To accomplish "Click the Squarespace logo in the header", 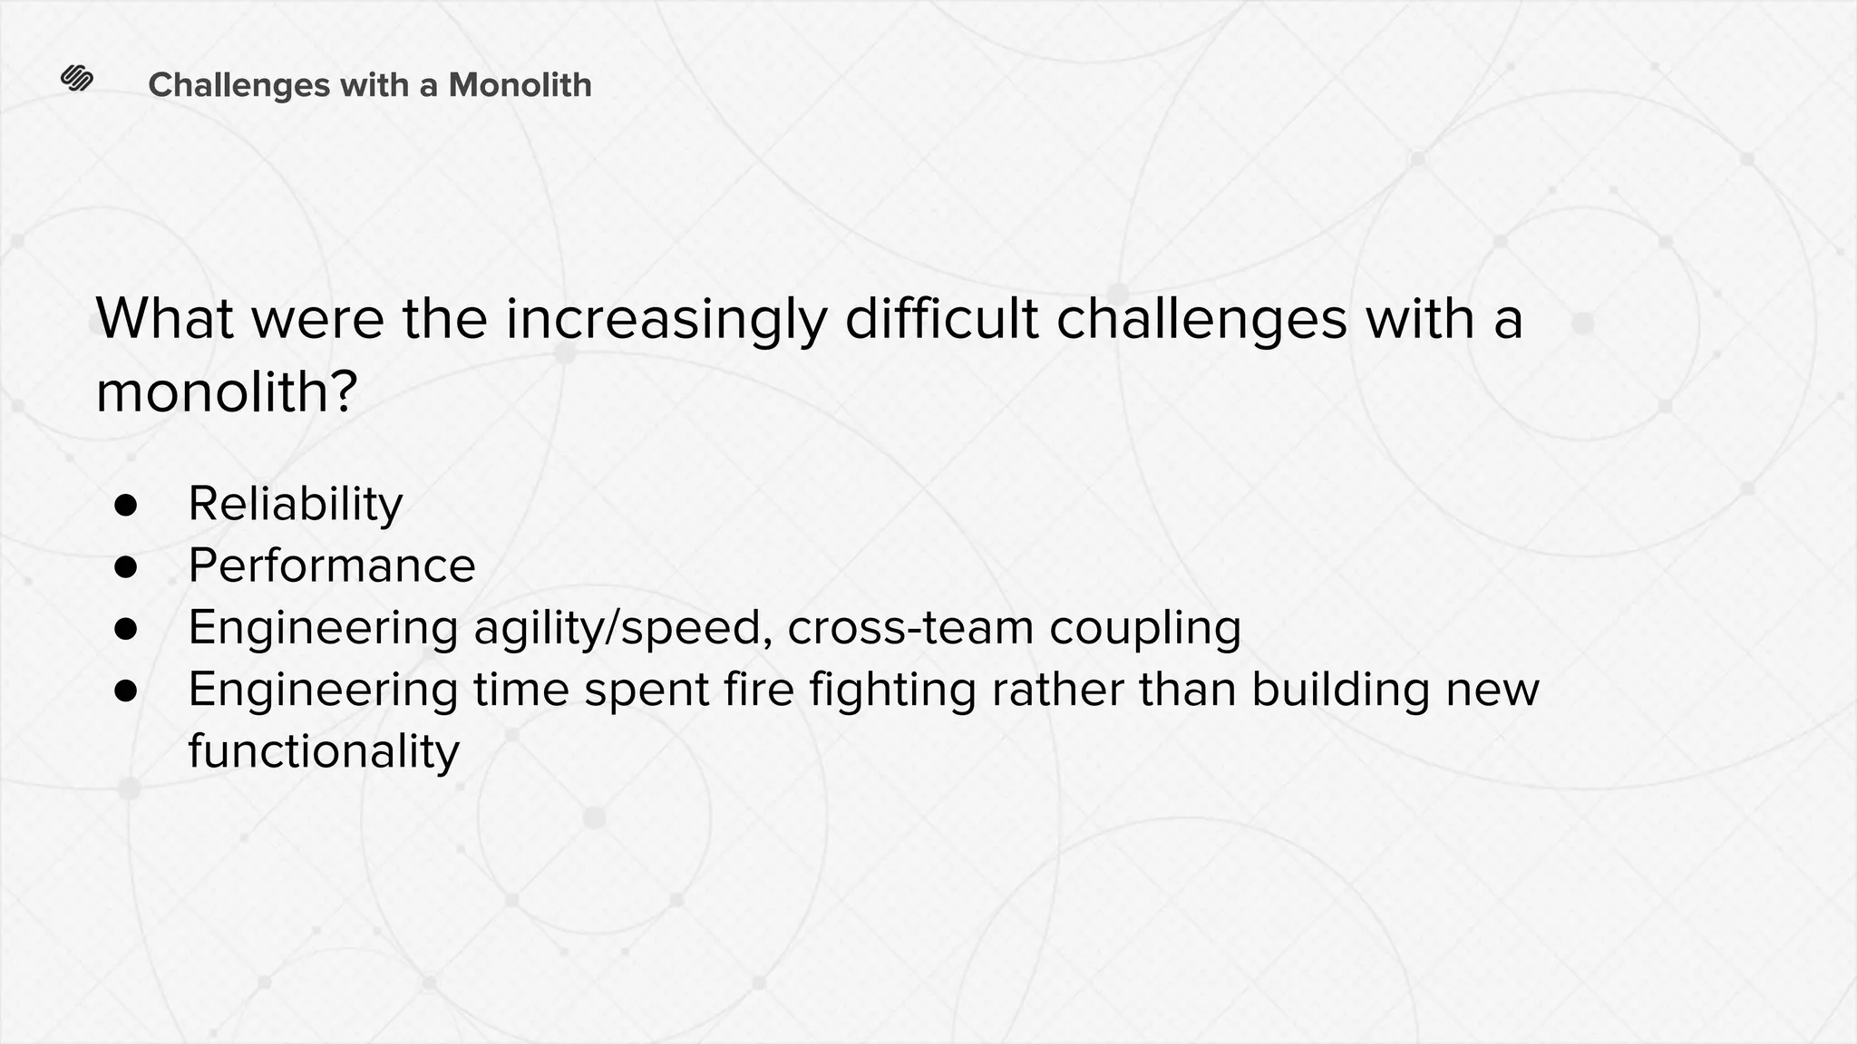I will pos(77,80).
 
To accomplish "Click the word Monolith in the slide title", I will pos(520,85).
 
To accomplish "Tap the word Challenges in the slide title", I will pos(238,85).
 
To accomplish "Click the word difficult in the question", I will pos(941,319).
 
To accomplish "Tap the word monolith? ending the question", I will pos(227,394).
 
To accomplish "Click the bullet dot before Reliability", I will pos(126,506).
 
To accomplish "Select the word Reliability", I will pos(295,505).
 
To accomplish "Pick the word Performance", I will pos(331,566).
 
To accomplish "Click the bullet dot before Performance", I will pos(126,567).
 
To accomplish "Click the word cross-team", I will pos(910,628).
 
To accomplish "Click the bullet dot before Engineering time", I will pos(126,691).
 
